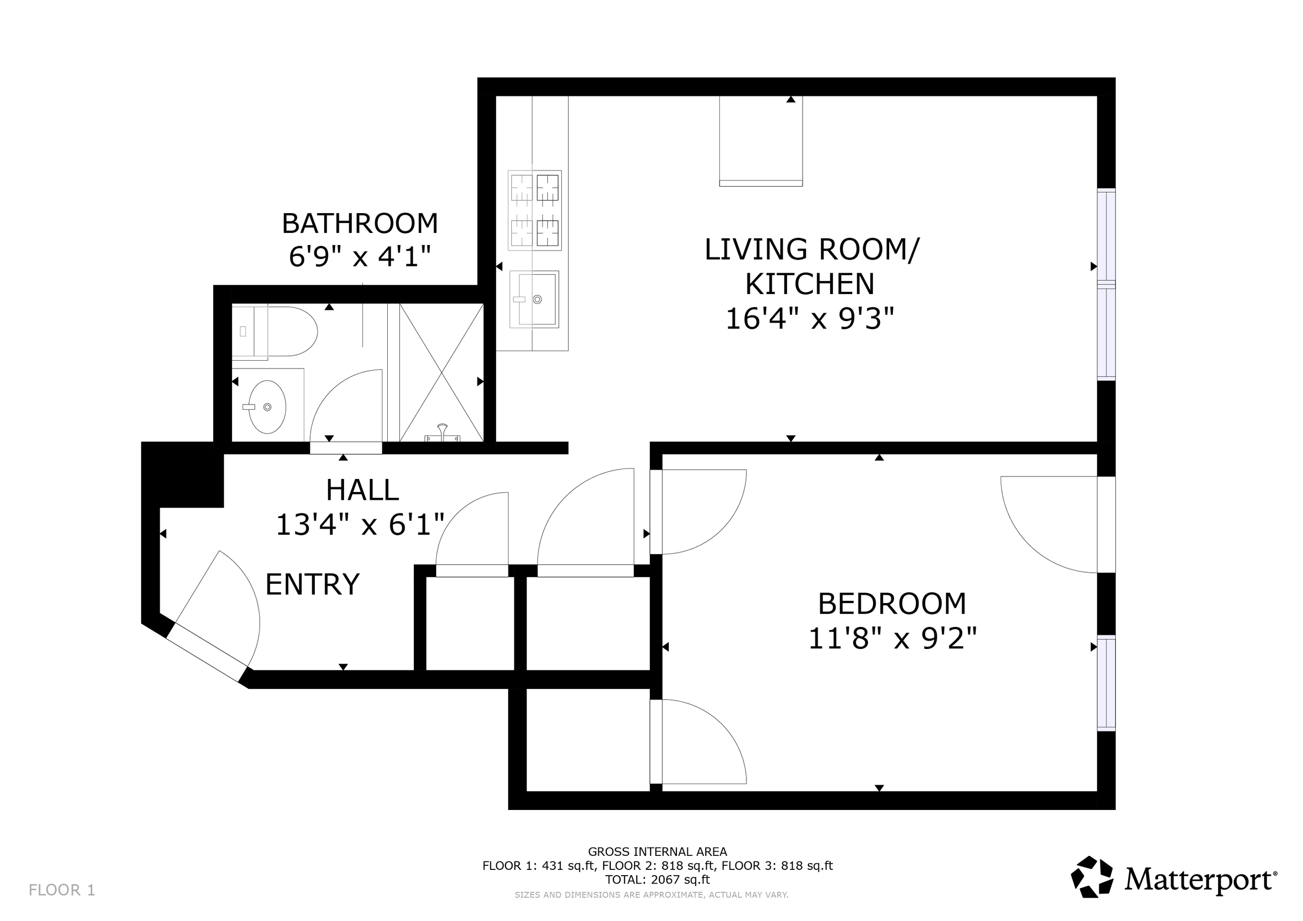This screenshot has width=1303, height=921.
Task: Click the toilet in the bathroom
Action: point(275,332)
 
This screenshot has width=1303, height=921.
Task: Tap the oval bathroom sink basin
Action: point(267,407)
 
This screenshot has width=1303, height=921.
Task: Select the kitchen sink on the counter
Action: point(534,299)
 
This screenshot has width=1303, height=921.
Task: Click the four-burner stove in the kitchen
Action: point(535,210)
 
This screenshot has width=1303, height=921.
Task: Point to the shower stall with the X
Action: point(441,373)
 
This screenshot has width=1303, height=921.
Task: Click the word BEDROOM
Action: point(892,604)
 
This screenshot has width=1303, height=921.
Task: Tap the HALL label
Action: point(362,490)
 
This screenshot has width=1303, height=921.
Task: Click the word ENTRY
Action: point(313,584)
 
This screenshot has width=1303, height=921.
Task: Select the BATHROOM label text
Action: point(360,224)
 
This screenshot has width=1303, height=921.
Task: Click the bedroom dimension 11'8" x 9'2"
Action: point(892,639)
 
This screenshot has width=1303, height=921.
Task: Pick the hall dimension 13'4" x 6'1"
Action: point(360,524)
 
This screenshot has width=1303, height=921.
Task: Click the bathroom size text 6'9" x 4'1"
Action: point(360,256)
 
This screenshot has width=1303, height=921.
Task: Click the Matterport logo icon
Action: point(1092,877)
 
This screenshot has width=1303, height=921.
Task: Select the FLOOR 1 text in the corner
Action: point(62,890)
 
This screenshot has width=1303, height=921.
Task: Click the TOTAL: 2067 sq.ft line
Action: point(657,880)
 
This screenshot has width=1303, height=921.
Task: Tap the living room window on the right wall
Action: point(1106,284)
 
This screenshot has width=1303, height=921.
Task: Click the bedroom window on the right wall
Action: point(1106,683)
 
